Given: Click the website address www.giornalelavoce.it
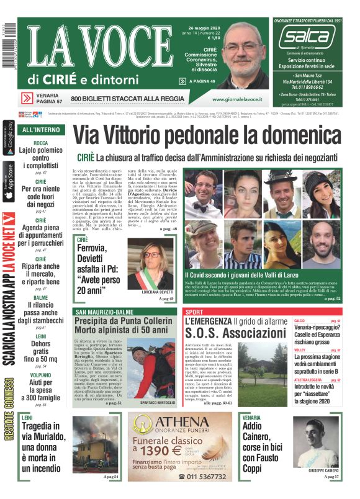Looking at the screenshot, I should [x=236, y=99].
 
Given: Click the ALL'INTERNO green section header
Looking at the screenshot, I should [x=41, y=130].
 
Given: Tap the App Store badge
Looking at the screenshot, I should [x=9, y=180].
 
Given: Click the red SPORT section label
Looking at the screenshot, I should [x=194, y=312].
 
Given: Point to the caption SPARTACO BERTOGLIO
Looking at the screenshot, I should [x=157, y=402].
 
